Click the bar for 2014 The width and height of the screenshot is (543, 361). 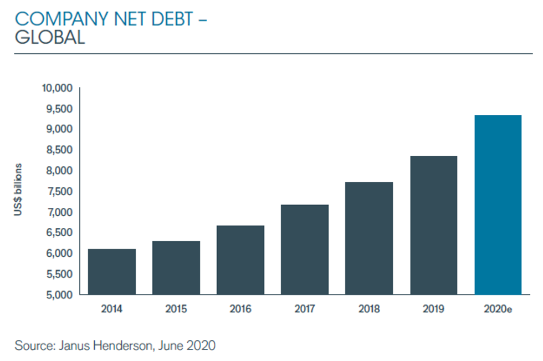pyautogui.click(x=111, y=272)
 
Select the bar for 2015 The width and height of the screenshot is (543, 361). pyautogui.click(x=176, y=268)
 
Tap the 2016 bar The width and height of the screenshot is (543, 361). pyautogui.click(x=240, y=260)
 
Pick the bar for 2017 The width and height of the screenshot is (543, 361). pyautogui.click(x=305, y=250)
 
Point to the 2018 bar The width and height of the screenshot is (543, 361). pyautogui.click(x=369, y=238)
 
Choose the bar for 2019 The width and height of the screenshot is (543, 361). pyautogui.click(x=433, y=225)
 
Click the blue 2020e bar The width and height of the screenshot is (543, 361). pyautogui.click(x=498, y=205)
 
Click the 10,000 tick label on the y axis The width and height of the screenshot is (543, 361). pyautogui.click(x=58, y=88)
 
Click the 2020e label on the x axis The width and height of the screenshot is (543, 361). pyautogui.click(x=498, y=309)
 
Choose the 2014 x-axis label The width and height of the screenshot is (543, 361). pyautogui.click(x=111, y=309)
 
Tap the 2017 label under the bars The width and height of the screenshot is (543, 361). pyautogui.click(x=305, y=309)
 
